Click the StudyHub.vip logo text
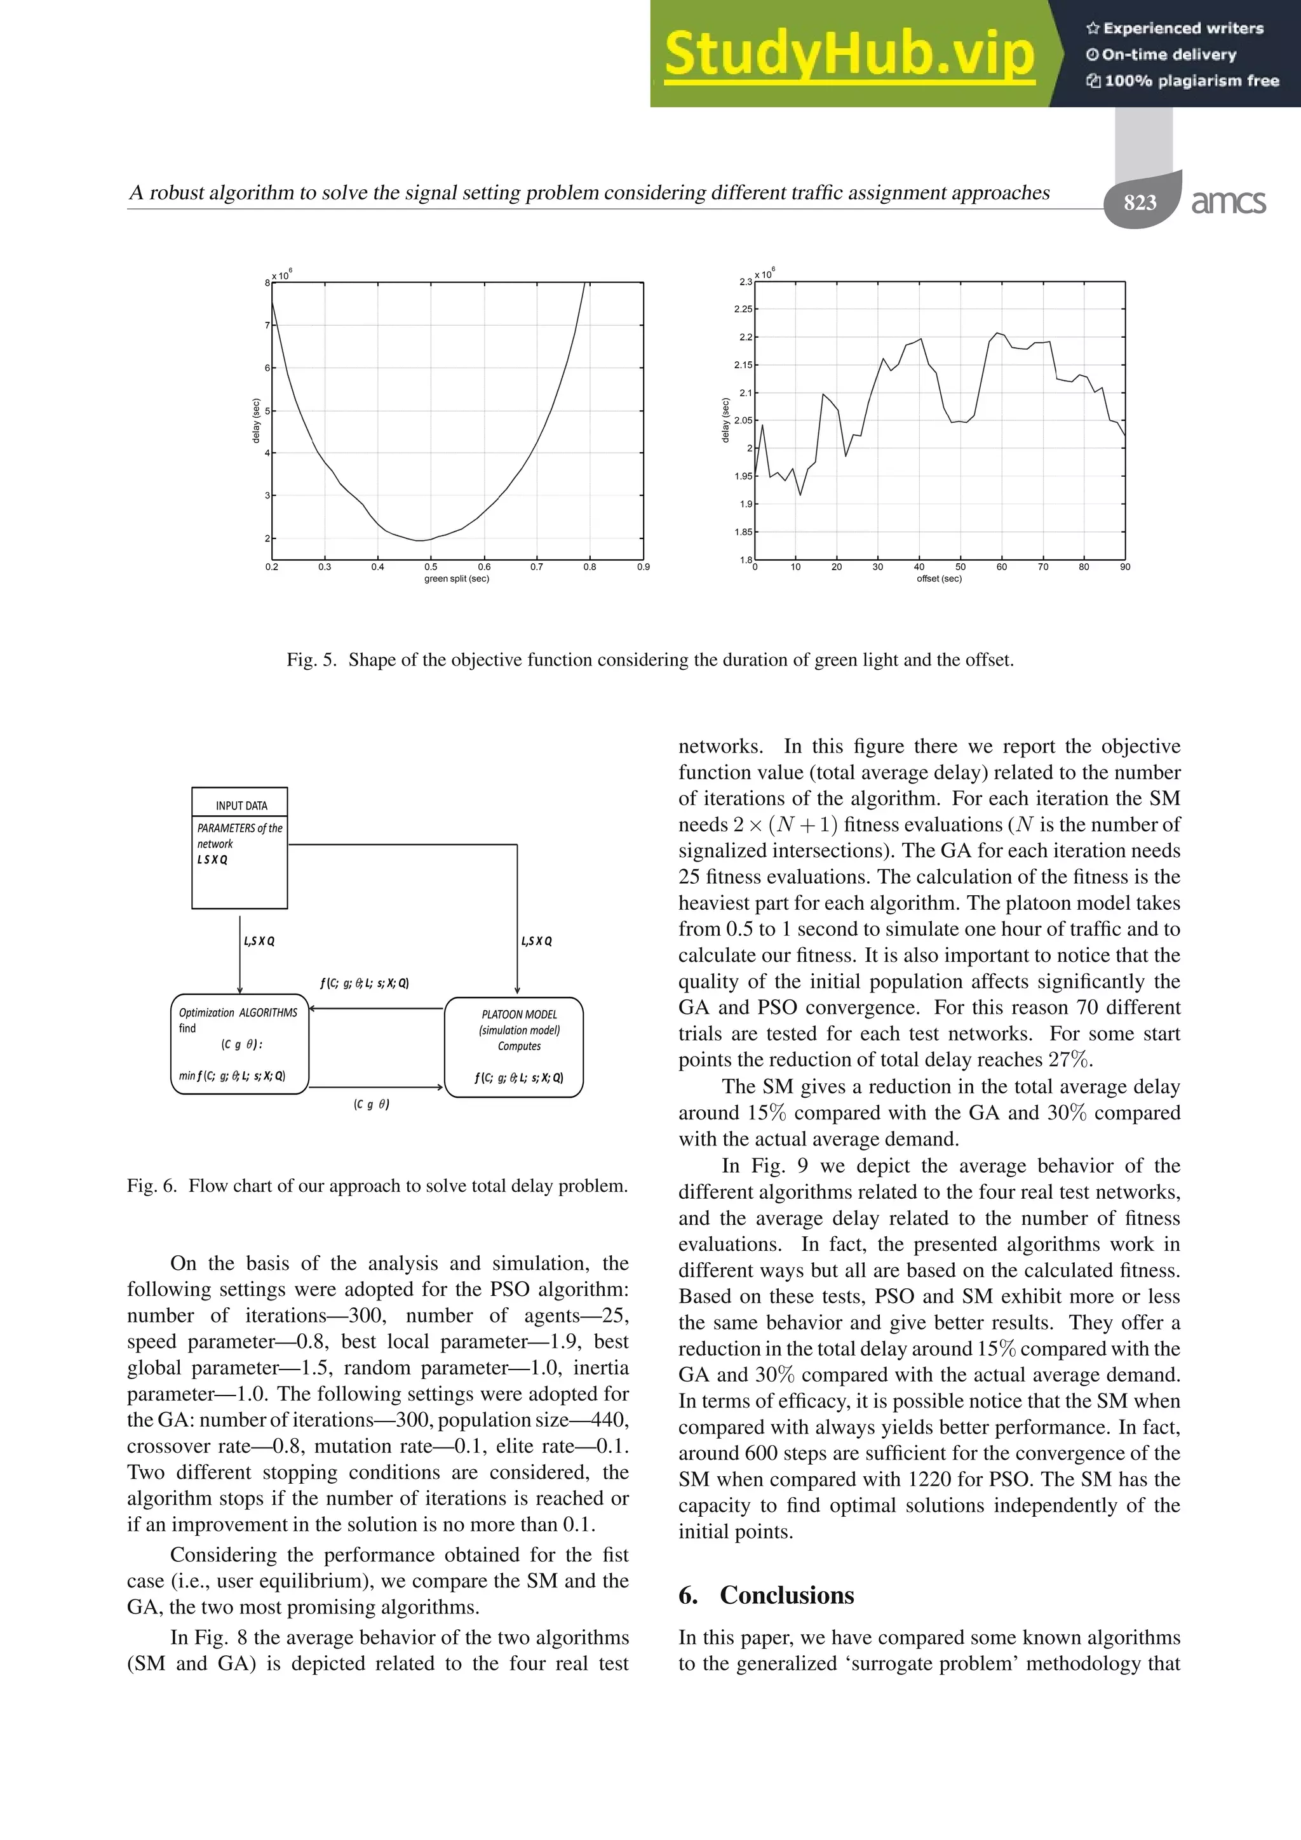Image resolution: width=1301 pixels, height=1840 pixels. coord(849,55)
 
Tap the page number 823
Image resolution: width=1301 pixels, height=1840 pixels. coord(1140,202)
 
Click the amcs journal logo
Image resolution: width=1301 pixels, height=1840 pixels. coord(1228,202)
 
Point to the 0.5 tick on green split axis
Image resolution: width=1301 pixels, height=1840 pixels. coord(431,566)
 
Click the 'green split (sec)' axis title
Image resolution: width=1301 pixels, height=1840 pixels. coord(456,578)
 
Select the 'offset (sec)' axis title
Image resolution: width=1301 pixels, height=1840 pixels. coord(939,578)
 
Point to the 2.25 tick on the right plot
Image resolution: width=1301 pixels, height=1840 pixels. coord(743,309)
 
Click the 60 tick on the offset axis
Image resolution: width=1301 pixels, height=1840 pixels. coord(1001,566)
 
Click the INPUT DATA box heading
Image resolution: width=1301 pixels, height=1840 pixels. coord(241,806)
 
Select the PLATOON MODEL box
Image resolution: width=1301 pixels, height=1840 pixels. coord(514,1046)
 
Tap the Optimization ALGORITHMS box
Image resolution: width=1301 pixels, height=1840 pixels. coord(239,1043)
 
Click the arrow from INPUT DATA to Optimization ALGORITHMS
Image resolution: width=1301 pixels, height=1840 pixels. coord(239,954)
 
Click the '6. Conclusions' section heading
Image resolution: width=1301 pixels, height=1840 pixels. coord(766,1595)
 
